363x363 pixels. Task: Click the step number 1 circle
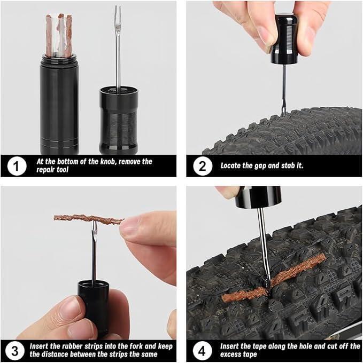17,166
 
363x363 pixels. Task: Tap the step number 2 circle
203,166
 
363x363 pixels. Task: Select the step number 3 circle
14,351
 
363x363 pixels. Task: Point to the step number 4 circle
202,351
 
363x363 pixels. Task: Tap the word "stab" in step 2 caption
288,165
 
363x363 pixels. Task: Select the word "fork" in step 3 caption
137,346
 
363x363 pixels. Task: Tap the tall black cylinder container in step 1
59,104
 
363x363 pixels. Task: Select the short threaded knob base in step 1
119,120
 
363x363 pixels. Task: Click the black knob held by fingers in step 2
284,39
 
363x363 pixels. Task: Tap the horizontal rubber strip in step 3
89,219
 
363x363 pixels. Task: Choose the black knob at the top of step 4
258,197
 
